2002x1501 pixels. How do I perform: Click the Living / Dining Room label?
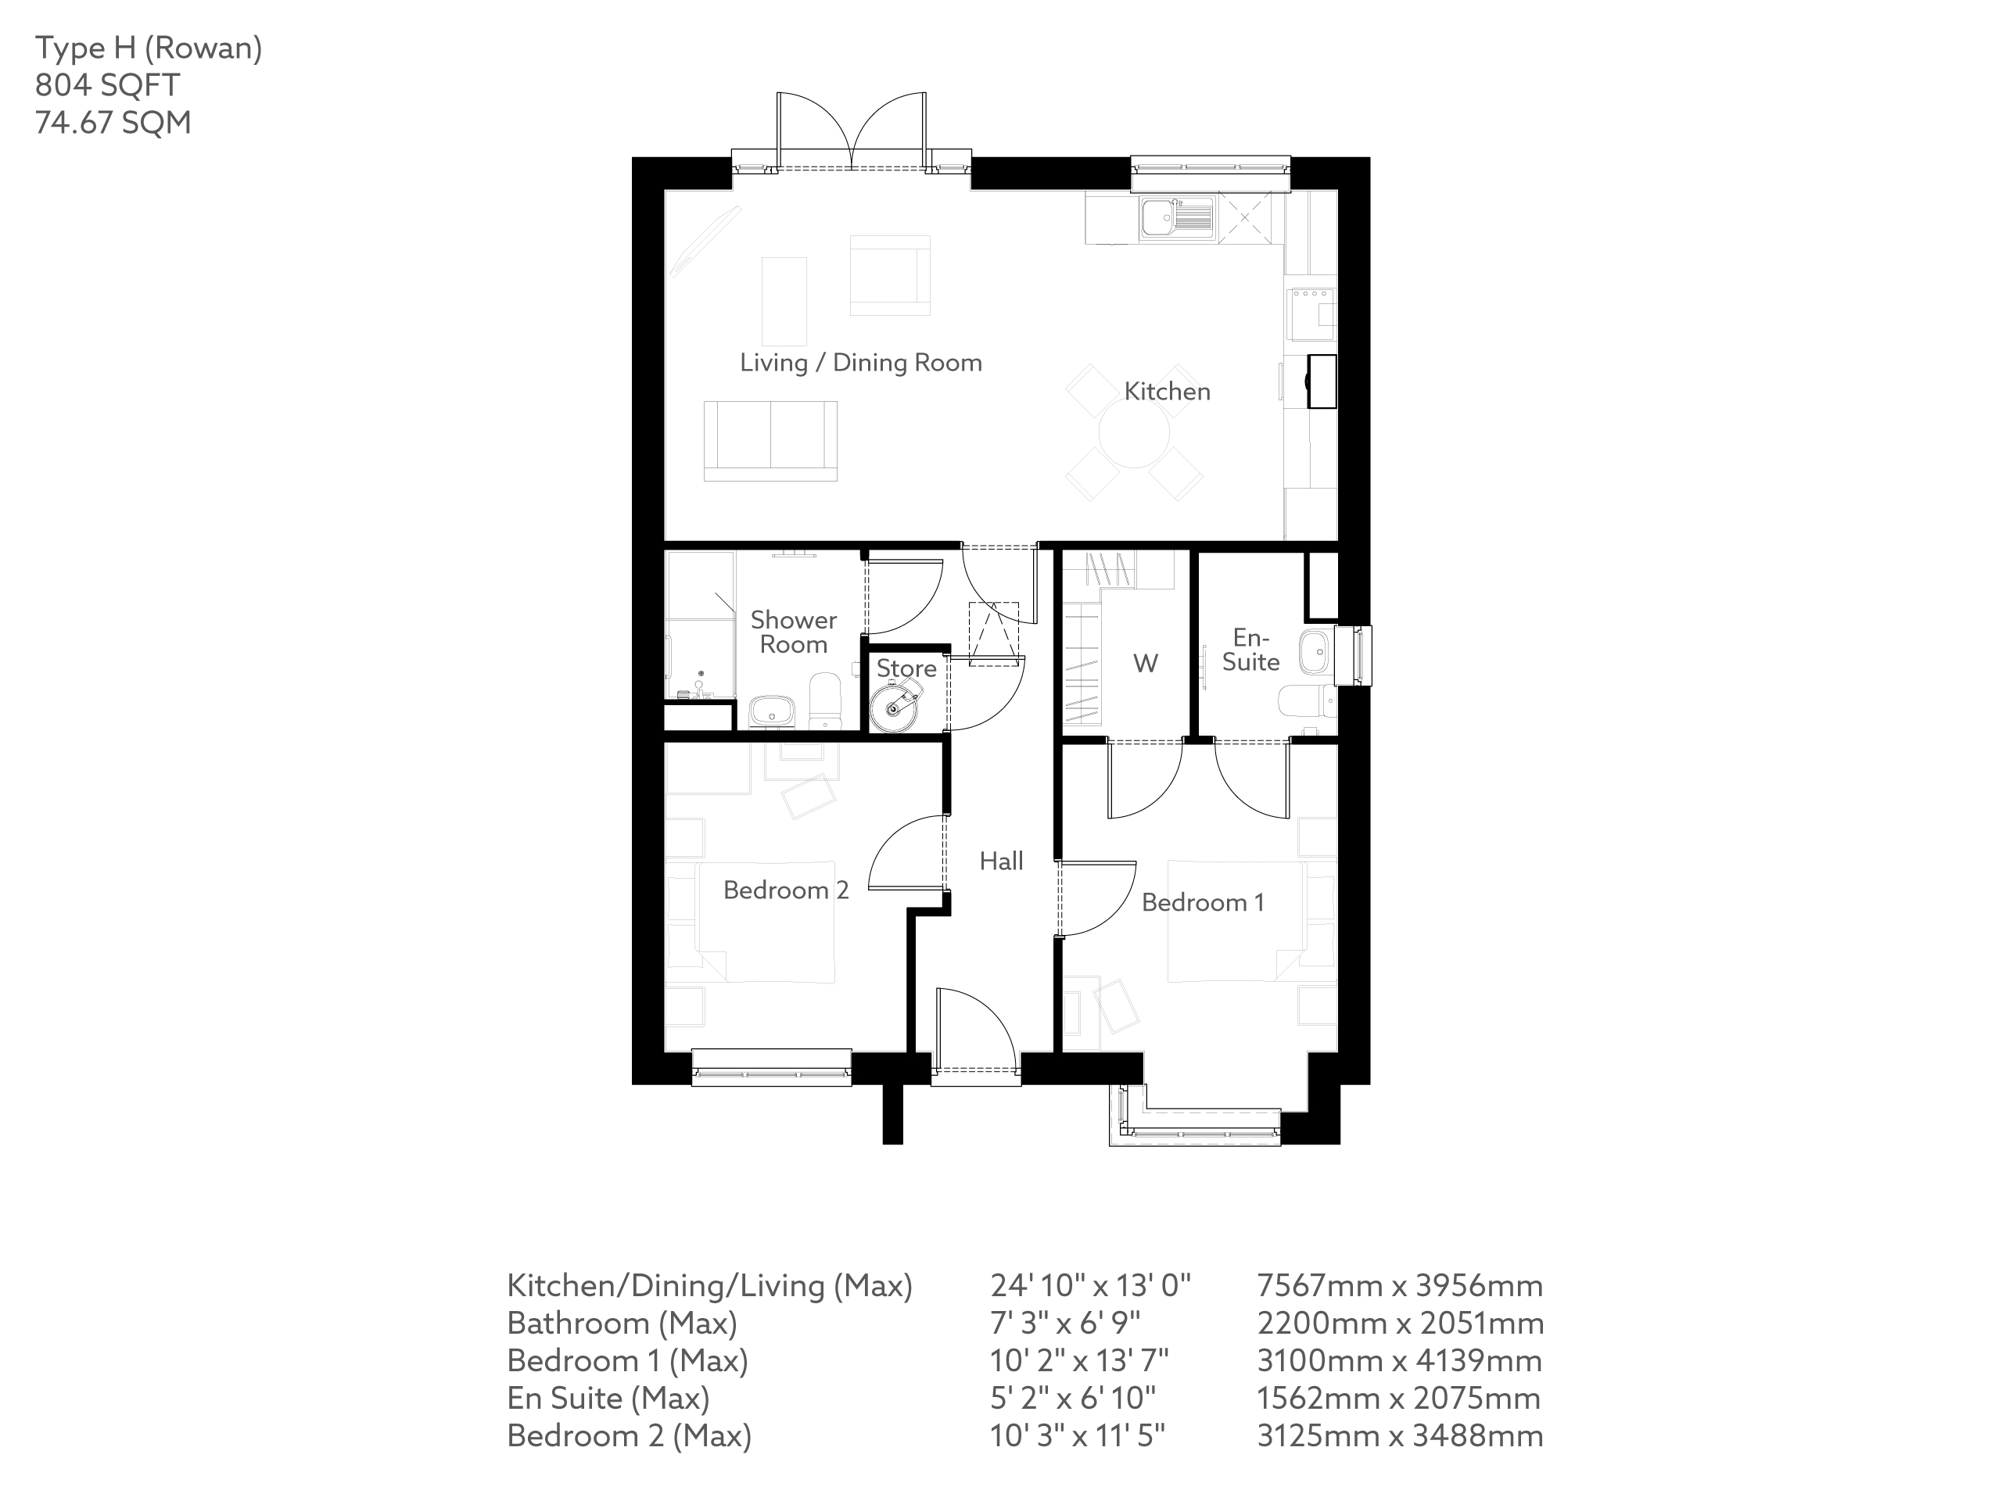click(x=861, y=363)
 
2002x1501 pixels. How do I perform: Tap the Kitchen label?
click(x=1167, y=392)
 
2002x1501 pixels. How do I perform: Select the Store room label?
click(x=906, y=668)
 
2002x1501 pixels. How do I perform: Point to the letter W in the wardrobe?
click(x=1145, y=664)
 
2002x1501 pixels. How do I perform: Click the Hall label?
click(x=1001, y=862)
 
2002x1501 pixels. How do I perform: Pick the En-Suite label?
click(x=1250, y=650)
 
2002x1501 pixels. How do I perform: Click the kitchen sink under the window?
click(x=1175, y=217)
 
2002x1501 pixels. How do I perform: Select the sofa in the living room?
click(x=770, y=441)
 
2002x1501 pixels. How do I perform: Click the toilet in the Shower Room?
click(x=824, y=701)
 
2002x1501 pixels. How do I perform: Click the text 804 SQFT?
click(x=107, y=85)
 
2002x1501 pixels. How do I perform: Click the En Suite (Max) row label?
click(x=608, y=1398)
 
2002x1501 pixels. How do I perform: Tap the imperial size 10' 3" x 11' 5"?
click(x=1077, y=1436)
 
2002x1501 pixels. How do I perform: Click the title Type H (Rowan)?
click(x=149, y=48)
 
